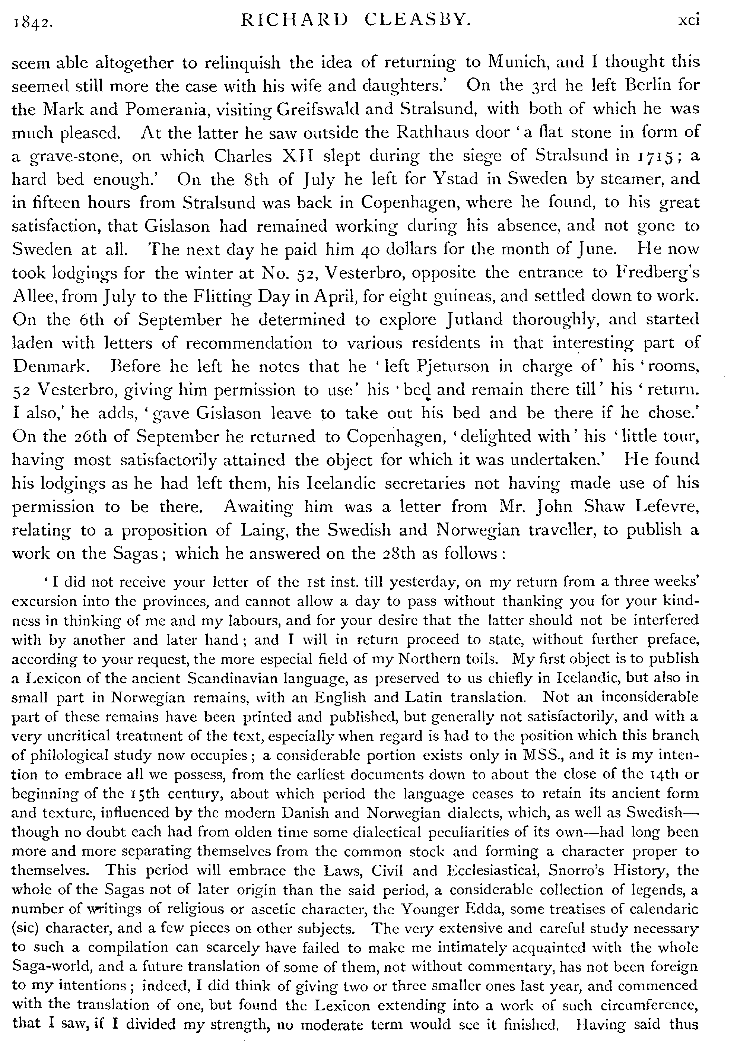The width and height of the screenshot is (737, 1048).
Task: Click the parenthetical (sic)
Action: pos(25,928)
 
